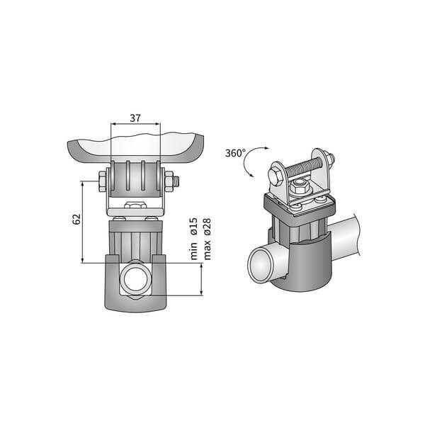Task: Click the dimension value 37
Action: tap(135, 118)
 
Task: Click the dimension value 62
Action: tap(76, 219)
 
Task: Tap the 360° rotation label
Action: tap(235, 153)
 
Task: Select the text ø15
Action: tap(194, 226)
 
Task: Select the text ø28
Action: tap(208, 227)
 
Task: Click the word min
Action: tap(194, 251)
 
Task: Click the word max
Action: tap(208, 250)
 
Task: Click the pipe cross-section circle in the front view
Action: tap(135, 278)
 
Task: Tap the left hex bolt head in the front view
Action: tap(102, 181)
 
